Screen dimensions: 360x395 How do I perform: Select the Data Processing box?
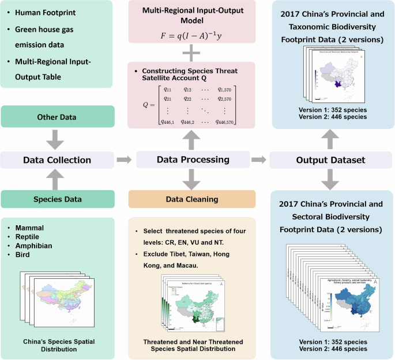tap(191, 160)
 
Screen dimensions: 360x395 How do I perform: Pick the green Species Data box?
tap(57, 199)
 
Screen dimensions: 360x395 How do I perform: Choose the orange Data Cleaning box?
tap(191, 199)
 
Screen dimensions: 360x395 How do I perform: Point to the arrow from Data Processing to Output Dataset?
tap(259, 160)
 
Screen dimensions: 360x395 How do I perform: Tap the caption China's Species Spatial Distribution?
tap(57, 344)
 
